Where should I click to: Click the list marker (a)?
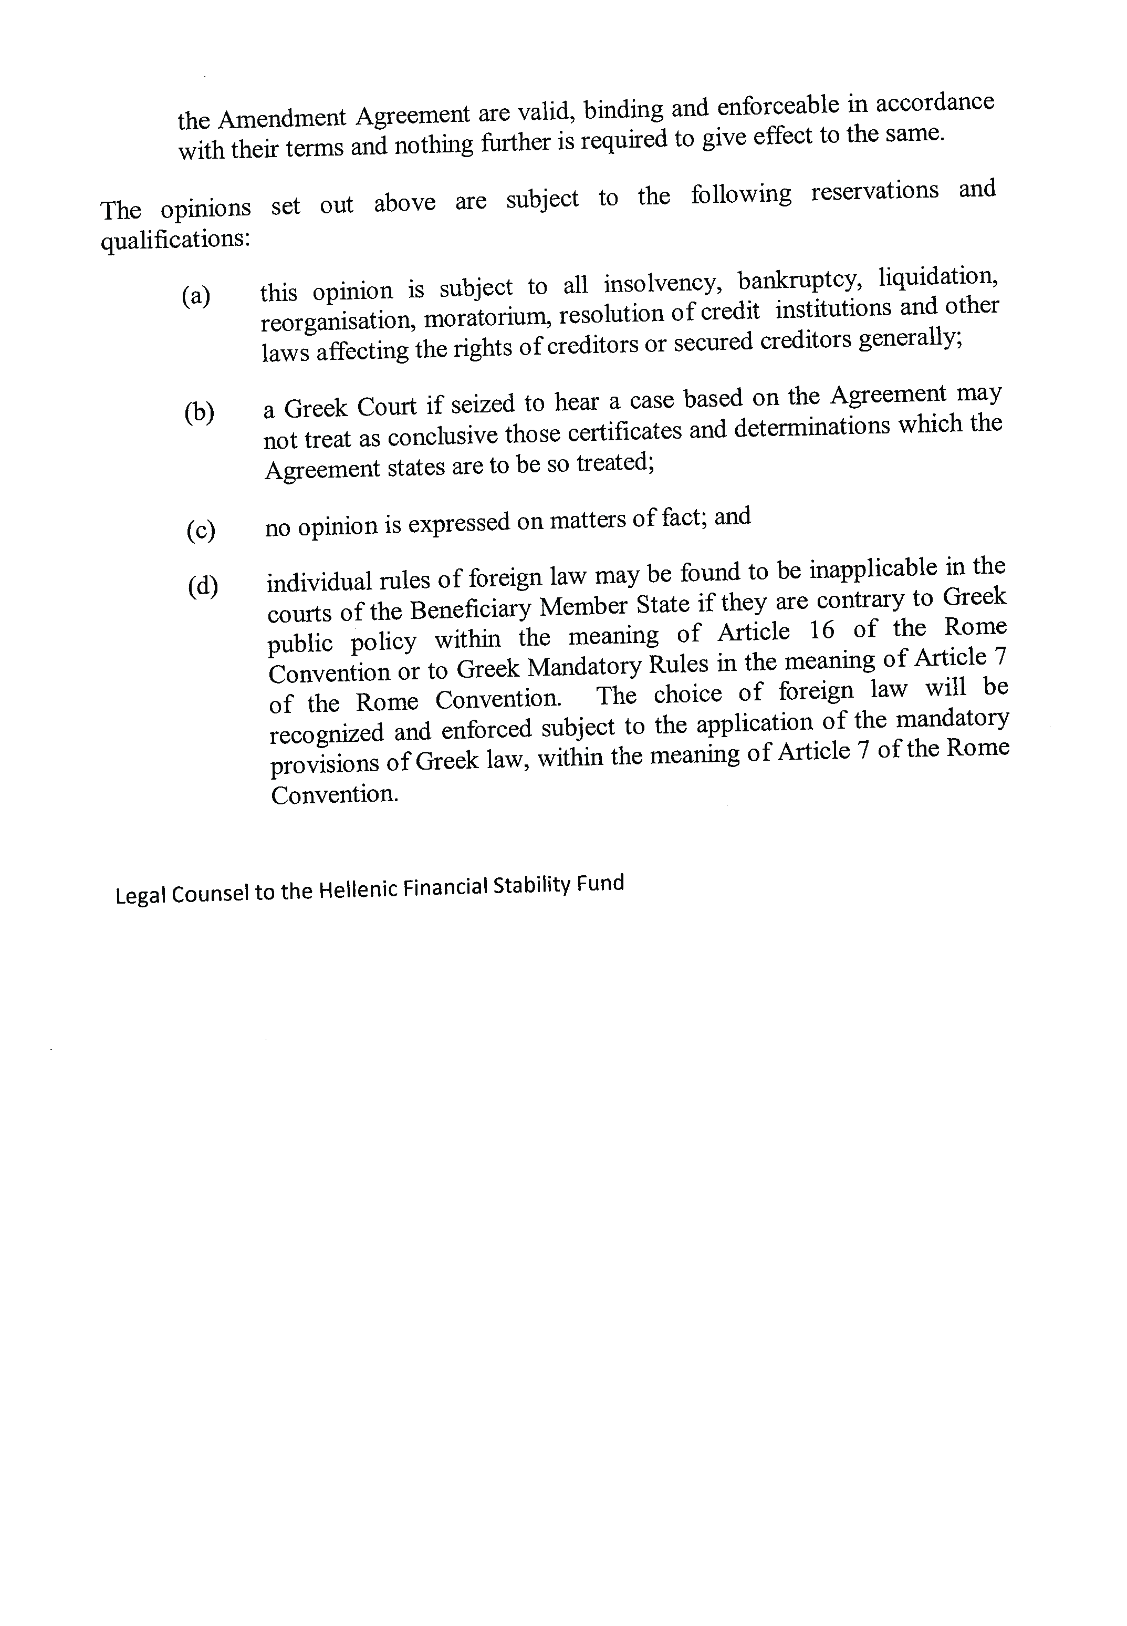click(195, 295)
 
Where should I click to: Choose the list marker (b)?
click(199, 412)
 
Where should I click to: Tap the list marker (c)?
click(201, 530)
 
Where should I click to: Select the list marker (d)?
click(203, 586)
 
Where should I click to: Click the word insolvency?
click(662, 283)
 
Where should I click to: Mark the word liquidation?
click(938, 277)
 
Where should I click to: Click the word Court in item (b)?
click(387, 407)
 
